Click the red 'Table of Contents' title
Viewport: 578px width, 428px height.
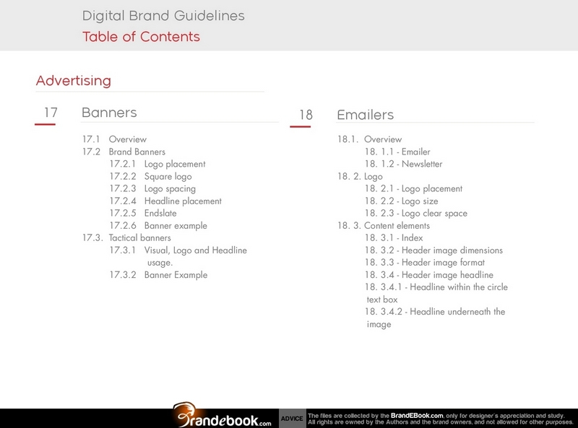pyautogui.click(x=141, y=37)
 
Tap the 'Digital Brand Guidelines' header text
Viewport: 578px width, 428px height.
pyautogui.click(x=163, y=15)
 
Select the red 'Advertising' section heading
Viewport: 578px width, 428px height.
pyautogui.click(x=74, y=80)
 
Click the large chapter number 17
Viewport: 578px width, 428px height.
pyautogui.click(x=51, y=112)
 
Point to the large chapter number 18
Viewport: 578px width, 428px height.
pyautogui.click(x=306, y=115)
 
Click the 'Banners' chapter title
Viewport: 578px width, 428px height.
pyautogui.click(x=109, y=113)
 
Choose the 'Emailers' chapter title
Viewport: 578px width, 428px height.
pyautogui.click(x=366, y=115)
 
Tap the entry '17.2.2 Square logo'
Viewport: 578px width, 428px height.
pyautogui.click(x=150, y=176)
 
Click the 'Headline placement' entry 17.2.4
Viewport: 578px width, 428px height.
pyautogui.click(x=165, y=201)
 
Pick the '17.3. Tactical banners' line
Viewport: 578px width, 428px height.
pyautogui.click(x=126, y=237)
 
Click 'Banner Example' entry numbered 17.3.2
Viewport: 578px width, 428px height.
pyautogui.click(x=158, y=275)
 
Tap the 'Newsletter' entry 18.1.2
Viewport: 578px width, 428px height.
pyautogui.click(x=403, y=164)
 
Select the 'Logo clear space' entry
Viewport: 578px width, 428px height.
pyautogui.click(x=416, y=213)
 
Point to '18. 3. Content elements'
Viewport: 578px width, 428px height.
pyautogui.click(x=384, y=225)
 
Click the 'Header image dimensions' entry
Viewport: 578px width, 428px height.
pyautogui.click(x=433, y=250)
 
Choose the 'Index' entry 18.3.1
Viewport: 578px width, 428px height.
pyautogui.click(x=394, y=237)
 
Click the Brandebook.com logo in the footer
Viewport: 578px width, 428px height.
pyautogui.click(x=223, y=415)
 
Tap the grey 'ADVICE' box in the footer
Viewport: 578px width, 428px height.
pyautogui.click(x=293, y=419)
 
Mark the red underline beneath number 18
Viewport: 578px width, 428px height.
pyautogui.click(x=300, y=127)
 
